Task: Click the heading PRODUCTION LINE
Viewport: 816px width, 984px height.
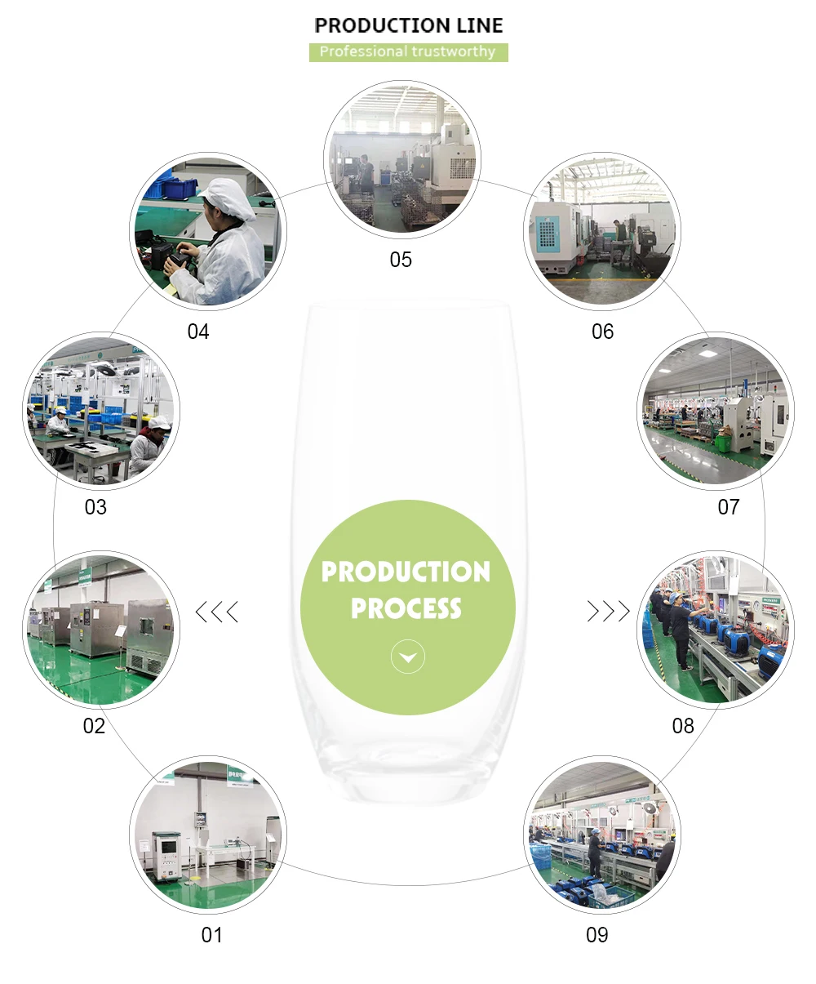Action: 408,25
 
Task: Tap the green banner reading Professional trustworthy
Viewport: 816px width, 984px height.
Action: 408,51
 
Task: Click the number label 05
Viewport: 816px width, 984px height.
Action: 401,260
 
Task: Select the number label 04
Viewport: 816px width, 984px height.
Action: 198,332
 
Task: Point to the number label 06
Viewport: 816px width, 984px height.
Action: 602,332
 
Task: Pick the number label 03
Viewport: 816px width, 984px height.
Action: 95,507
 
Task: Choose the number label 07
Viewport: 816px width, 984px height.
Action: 728,507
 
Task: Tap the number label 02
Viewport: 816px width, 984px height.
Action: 94,726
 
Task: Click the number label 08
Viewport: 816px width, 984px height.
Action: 683,726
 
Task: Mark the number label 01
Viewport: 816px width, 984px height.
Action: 211,935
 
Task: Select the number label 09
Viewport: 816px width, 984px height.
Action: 597,935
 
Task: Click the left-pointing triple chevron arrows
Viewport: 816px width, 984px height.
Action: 217,611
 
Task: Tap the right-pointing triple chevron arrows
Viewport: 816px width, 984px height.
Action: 609,611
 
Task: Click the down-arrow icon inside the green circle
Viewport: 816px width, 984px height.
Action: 408,657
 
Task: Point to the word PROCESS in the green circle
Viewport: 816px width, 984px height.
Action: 406,608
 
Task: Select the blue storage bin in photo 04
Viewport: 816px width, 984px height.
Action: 175,188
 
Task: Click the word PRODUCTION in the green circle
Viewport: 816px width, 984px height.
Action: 406,572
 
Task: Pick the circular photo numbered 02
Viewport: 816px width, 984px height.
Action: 100,630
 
